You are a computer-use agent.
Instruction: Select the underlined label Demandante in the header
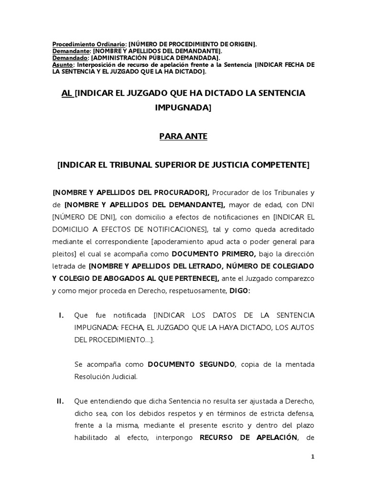[71, 51]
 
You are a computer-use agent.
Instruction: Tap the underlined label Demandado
[70, 58]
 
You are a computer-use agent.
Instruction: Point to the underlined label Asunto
[63, 64]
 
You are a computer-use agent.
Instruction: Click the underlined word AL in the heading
[66, 93]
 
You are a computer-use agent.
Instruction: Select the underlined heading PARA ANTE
[183, 137]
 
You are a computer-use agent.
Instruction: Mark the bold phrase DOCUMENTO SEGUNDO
[191, 364]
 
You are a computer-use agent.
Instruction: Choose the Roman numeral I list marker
[61, 315]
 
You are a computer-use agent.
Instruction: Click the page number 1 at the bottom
[313, 457]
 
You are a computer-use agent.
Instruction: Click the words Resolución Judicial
[106, 377]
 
